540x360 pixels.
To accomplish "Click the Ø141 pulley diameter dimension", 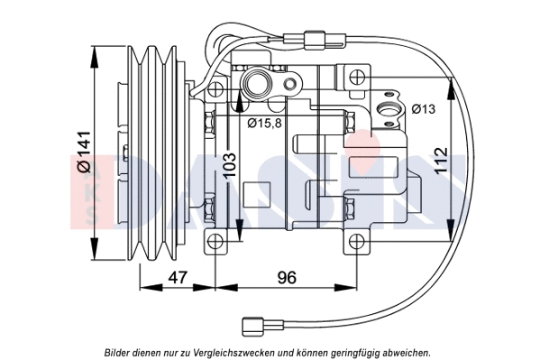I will click(83, 152).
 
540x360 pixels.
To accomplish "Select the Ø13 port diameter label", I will click(423, 110).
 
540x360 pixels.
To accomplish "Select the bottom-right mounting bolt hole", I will click(358, 241).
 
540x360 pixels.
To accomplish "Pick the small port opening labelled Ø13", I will click(389, 111).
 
